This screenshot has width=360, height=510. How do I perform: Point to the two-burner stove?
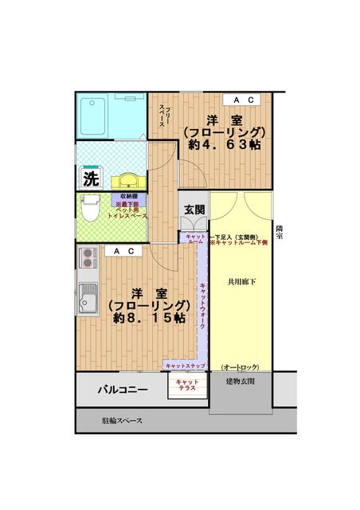pos(87,257)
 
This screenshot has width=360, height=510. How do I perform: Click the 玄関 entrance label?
pos(194,210)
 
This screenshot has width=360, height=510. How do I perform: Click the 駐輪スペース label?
pos(123,419)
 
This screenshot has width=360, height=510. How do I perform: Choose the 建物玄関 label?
pos(240,382)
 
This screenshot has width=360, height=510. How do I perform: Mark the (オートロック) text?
pos(240,367)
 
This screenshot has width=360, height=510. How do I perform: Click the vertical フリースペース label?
pos(164,115)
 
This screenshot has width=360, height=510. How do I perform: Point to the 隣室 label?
pos(279,232)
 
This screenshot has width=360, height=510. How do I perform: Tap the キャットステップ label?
pos(185,366)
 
